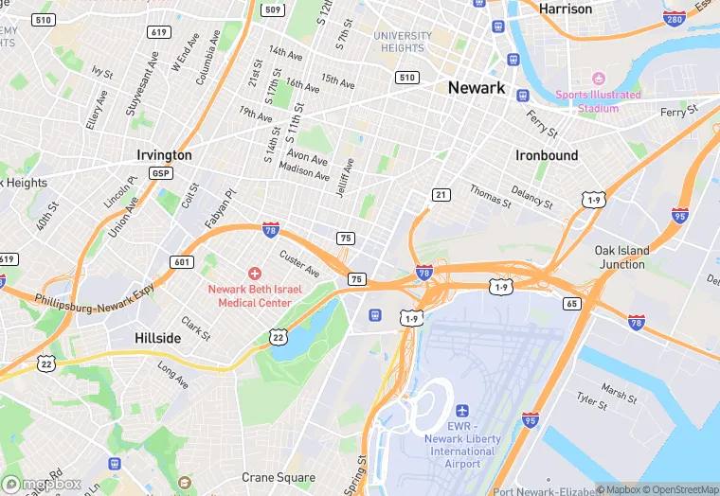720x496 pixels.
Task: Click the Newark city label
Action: tap(476, 87)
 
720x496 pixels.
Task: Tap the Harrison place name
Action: tap(565, 9)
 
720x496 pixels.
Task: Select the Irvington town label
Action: tap(164, 155)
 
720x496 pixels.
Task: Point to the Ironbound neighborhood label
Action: tap(547, 155)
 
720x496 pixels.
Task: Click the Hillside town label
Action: tap(157, 338)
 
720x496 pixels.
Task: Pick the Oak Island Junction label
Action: tap(621, 257)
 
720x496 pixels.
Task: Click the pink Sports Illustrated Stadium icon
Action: tap(598, 79)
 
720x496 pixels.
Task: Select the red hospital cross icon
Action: tap(254, 273)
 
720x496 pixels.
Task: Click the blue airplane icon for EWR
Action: tap(462, 411)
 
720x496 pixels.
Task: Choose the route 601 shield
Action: tap(182, 262)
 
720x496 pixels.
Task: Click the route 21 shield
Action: tap(441, 194)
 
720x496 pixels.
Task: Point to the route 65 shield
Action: tap(571, 304)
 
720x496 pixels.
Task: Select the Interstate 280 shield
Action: tap(675, 19)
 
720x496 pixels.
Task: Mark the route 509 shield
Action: tap(273, 9)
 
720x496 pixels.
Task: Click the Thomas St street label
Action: tap(490, 194)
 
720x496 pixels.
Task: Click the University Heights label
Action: tap(402, 42)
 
